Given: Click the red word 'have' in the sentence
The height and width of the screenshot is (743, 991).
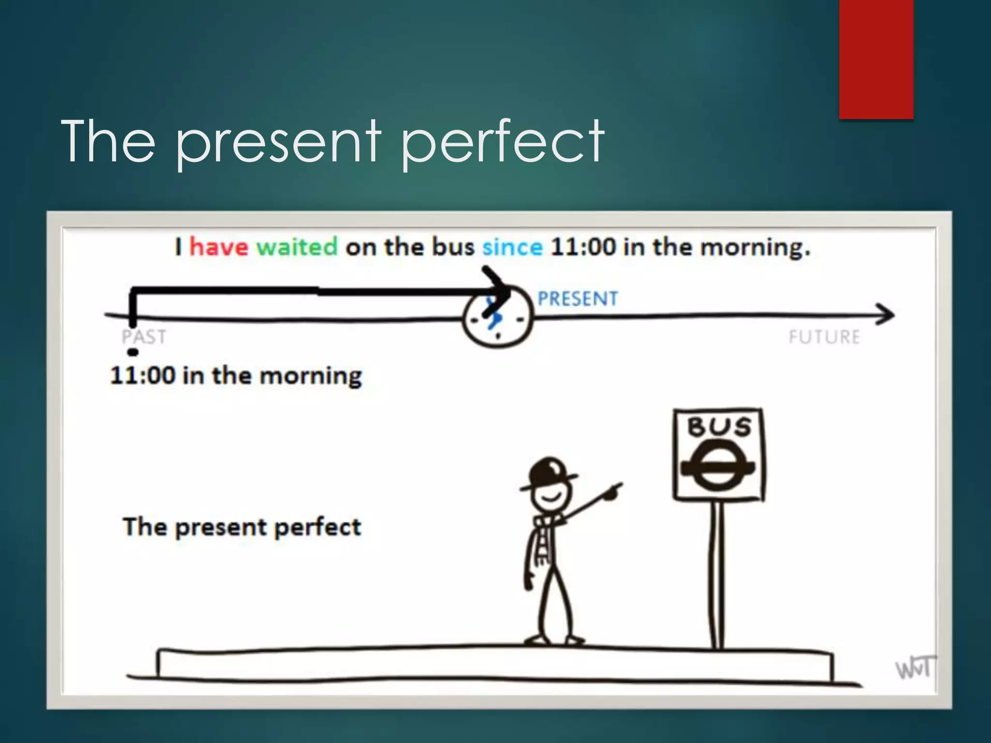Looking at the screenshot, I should [218, 247].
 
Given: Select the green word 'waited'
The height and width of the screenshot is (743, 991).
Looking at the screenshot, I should [297, 247].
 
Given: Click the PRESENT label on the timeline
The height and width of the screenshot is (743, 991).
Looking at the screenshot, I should [578, 299].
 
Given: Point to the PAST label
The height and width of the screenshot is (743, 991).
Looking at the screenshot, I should [144, 337].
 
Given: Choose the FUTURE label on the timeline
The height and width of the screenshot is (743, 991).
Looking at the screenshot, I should [824, 337].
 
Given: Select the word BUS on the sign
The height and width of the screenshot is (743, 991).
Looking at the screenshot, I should [719, 427].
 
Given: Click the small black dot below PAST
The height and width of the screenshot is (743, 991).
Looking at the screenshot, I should [133, 352].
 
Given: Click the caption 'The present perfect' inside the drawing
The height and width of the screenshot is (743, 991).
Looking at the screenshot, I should [242, 527].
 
